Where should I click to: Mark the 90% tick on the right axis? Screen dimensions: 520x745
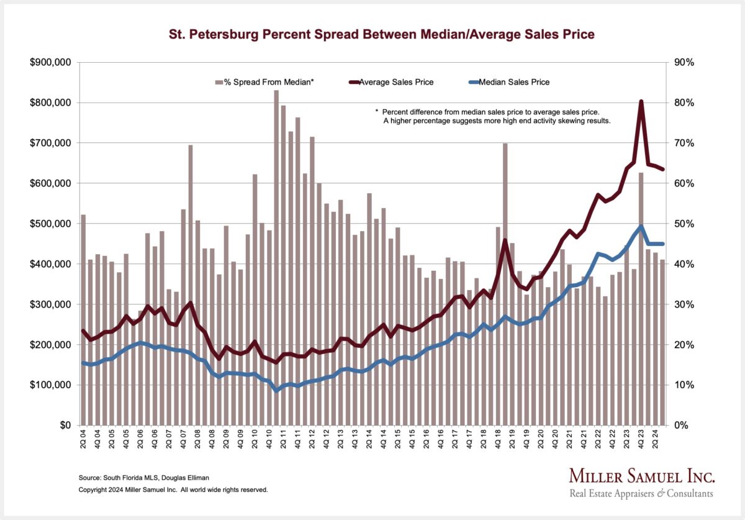click(x=679, y=62)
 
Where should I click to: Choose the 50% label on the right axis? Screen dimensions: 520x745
click(x=679, y=224)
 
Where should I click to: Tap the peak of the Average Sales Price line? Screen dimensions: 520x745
click(x=641, y=101)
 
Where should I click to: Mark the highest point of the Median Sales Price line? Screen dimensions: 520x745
click(x=641, y=226)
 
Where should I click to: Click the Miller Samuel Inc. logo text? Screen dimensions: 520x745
click(x=642, y=477)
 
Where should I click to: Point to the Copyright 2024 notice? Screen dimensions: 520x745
click(x=173, y=490)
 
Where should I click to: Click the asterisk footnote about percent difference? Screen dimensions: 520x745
click(x=494, y=116)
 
